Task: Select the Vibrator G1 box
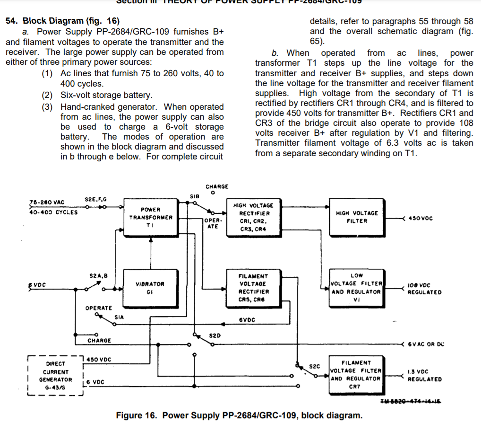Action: [x=150, y=288]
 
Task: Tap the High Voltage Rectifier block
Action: [x=253, y=217]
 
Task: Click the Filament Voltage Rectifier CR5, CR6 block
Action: [x=253, y=288]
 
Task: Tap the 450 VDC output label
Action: [x=420, y=219]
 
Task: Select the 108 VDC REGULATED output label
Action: [x=424, y=289]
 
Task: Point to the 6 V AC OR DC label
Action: [x=426, y=344]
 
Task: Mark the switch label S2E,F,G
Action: [x=95, y=200]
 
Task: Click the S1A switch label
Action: [x=119, y=316]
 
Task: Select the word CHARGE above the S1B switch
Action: [x=217, y=187]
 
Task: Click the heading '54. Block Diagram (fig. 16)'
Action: [x=62, y=21]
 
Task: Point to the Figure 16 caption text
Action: [x=239, y=415]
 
